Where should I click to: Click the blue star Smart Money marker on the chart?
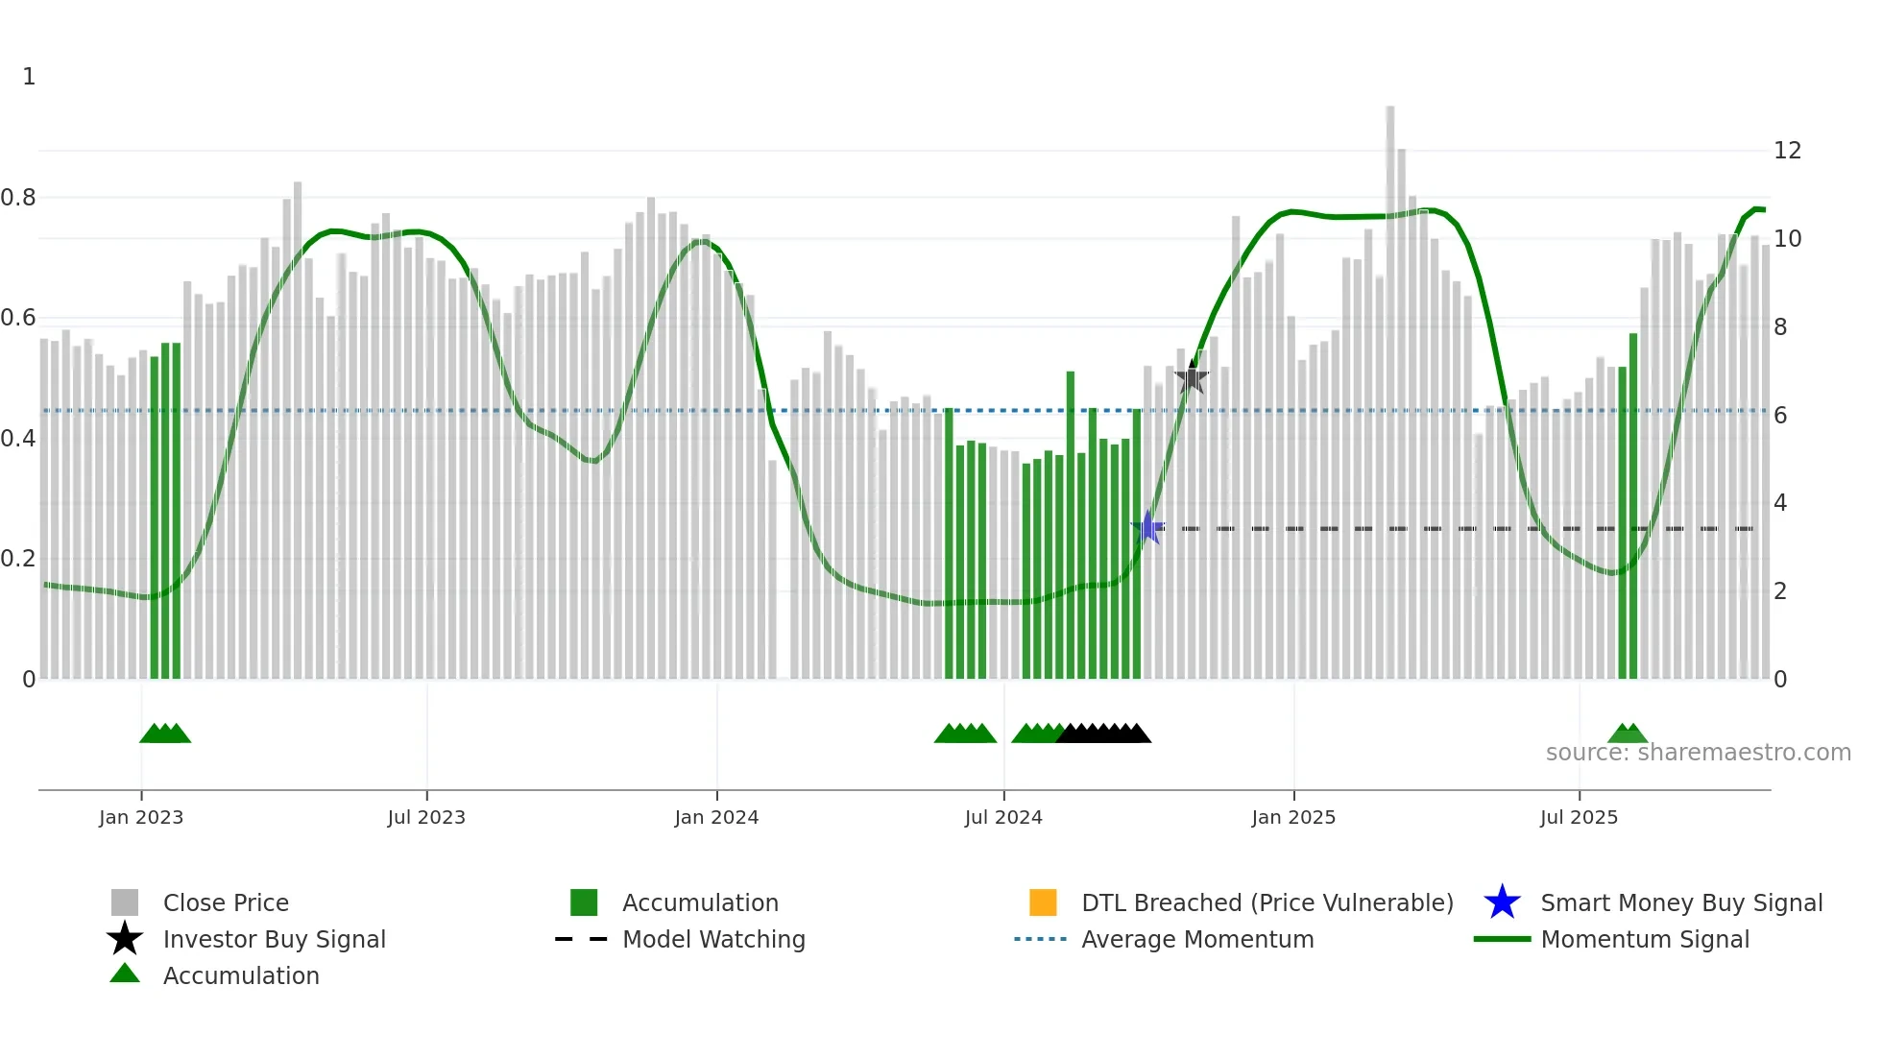[x=1147, y=527]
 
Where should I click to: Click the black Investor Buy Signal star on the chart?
[x=1192, y=377]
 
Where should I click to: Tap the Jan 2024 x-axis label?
[x=716, y=817]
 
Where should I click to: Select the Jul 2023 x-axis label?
[x=426, y=817]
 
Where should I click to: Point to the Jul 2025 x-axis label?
[x=1579, y=817]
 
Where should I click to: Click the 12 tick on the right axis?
[x=1787, y=151]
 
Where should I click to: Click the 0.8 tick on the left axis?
[x=19, y=198]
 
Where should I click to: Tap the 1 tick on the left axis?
[x=29, y=77]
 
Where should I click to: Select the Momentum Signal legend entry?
[x=1644, y=939]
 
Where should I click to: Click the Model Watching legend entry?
[x=712, y=939]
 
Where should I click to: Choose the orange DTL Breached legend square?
[x=1043, y=902]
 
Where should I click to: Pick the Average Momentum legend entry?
[x=1196, y=939]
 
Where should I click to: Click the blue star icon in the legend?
[x=1502, y=902]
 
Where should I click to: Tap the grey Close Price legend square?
[x=125, y=902]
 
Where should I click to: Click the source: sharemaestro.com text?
[x=1698, y=752]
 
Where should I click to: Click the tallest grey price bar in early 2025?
[x=1389, y=384]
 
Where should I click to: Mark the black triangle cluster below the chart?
[x=1103, y=733]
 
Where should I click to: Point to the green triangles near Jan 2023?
[x=165, y=733]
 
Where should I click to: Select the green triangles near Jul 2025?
[x=1628, y=733]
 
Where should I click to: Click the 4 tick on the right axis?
[x=1779, y=503]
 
